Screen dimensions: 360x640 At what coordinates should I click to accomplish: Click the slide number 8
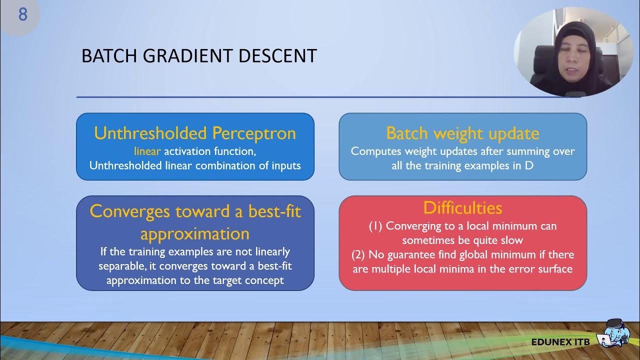coord(23,14)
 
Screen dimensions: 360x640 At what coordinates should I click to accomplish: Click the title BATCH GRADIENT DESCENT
coord(199,56)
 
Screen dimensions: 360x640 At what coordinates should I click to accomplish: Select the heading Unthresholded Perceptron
coord(195,133)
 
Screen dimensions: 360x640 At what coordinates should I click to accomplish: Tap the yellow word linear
coord(147,151)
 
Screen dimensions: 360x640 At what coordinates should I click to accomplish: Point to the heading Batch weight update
coord(462,133)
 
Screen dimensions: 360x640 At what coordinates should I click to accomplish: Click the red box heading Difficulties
coord(462,207)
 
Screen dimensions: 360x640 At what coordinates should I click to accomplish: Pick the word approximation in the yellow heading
coord(195,233)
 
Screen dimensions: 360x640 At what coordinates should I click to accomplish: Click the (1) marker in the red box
coord(375,226)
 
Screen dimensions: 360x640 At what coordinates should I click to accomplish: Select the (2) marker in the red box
coord(358,254)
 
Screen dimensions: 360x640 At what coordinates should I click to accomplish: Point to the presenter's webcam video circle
coord(573,52)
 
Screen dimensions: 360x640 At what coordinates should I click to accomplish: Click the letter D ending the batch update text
coord(528,165)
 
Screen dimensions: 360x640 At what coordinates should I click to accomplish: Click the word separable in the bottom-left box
coord(120,266)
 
